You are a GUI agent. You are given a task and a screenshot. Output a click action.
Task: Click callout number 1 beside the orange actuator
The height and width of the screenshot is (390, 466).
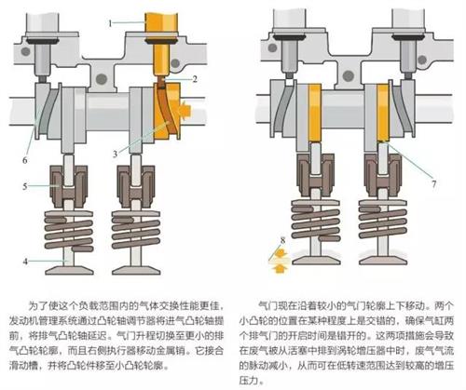pos(110,23)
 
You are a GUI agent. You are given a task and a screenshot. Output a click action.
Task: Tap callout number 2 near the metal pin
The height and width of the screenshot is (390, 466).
pos(195,79)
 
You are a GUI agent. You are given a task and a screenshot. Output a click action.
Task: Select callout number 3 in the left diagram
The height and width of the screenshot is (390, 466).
pos(115,154)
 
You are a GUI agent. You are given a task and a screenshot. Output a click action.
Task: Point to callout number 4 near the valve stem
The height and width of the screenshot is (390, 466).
pos(25,262)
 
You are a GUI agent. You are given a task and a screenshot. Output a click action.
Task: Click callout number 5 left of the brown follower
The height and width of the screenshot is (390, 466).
pos(25,186)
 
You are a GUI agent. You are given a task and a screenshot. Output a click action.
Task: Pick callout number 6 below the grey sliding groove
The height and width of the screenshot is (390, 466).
pos(25,160)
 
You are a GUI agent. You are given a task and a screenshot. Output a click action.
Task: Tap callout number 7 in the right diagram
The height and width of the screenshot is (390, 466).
pos(434,184)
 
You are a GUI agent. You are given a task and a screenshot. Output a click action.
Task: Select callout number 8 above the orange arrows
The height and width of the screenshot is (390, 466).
pos(282,240)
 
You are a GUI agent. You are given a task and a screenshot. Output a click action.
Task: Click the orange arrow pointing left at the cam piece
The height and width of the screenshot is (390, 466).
pos(185,110)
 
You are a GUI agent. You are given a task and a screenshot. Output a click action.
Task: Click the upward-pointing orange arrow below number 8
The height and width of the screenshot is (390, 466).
pos(280,268)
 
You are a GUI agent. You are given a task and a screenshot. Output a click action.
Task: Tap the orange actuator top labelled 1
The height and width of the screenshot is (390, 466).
pos(161,25)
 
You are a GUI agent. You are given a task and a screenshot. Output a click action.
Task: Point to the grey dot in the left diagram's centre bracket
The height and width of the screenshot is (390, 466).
pos(102,79)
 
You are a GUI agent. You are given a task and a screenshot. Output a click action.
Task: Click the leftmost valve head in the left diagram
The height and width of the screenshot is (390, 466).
pos(69,270)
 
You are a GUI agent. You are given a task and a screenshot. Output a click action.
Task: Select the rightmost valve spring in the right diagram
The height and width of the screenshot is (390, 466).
pos(383,220)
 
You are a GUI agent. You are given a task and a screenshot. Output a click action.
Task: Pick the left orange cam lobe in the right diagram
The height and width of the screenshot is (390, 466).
pos(314,113)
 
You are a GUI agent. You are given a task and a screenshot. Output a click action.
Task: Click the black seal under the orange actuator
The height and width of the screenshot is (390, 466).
pos(161,41)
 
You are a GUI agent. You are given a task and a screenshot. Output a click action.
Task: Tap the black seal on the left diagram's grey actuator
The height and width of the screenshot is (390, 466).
pos(43,41)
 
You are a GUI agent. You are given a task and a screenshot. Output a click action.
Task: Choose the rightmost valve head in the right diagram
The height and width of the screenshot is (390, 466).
pos(383,261)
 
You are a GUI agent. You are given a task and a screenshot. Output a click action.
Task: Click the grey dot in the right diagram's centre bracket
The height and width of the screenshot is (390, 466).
pos(348,75)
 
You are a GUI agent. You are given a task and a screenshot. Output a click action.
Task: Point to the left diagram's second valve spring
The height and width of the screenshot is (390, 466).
pos(136,230)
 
